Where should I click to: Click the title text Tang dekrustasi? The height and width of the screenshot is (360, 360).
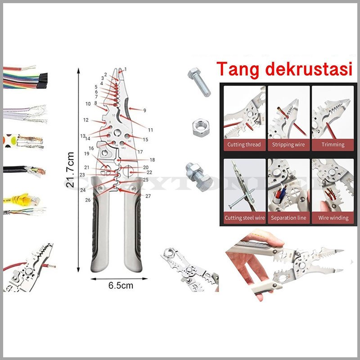pyautogui.click(x=284, y=70)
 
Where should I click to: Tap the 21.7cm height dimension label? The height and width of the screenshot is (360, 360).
pyautogui.click(x=70, y=171)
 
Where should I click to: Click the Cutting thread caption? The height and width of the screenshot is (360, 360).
pyautogui.click(x=243, y=145)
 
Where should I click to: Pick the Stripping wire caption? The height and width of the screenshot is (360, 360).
pyautogui.click(x=288, y=145)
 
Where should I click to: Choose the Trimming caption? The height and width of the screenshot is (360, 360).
pyautogui.click(x=333, y=145)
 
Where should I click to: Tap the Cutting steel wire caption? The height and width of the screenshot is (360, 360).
pyautogui.click(x=245, y=218)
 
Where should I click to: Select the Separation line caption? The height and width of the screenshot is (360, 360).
pyautogui.click(x=288, y=218)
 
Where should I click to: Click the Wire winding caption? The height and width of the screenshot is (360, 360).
pyautogui.click(x=333, y=218)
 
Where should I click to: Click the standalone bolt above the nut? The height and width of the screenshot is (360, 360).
pyautogui.click(x=199, y=82)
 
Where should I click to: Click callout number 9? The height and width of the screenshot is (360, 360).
pyautogui.click(x=144, y=110)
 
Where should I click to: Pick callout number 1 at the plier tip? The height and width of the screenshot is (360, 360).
pyautogui.click(x=126, y=69)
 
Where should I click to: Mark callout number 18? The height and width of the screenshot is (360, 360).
pyautogui.click(x=152, y=160)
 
